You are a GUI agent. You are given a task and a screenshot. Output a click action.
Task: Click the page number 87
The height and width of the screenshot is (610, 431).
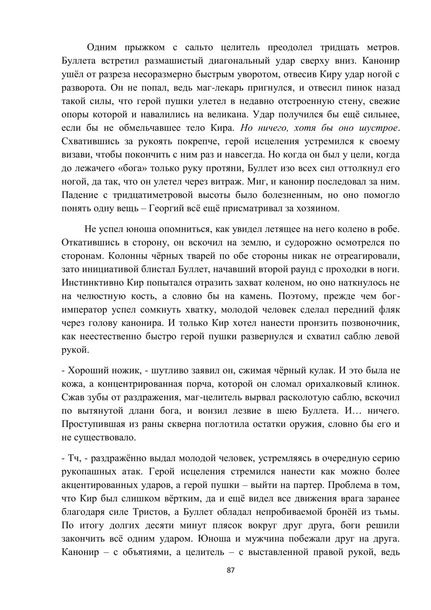tap(230, 570)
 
